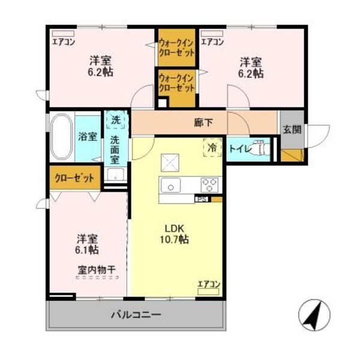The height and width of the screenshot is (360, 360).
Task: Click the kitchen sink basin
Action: click(170, 185)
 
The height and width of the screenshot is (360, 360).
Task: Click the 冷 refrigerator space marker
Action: click(212, 145)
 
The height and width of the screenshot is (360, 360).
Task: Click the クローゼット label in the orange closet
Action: click(75, 178)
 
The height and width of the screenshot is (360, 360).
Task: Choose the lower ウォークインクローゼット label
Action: click(177, 82)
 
